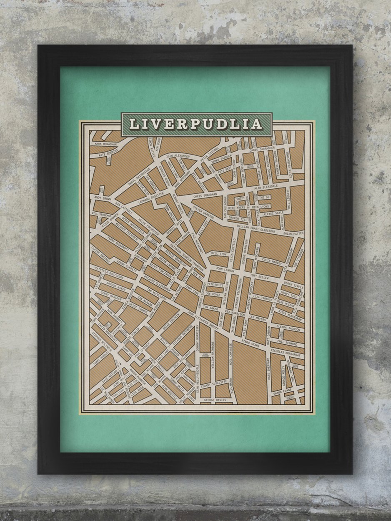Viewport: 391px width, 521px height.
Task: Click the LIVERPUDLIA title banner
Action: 196,124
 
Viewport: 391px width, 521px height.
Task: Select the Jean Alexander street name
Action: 169,156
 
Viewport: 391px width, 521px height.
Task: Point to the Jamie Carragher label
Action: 262,149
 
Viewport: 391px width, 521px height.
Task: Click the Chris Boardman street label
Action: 206,194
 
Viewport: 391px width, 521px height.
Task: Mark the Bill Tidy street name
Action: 218,253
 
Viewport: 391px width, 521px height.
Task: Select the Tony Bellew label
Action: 260,276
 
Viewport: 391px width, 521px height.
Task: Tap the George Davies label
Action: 215,400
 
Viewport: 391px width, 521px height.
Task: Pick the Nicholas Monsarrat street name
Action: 285,354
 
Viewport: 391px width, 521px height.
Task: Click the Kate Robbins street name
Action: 108,154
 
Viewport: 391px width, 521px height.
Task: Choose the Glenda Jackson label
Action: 288,329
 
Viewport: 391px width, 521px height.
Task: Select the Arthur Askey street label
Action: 115,288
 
